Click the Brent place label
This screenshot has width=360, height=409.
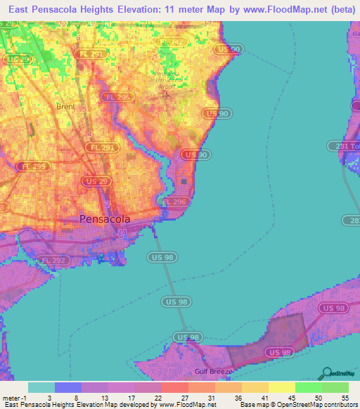click(65, 107)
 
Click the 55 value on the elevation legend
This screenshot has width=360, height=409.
click(344, 397)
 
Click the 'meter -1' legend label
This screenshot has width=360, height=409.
click(13, 397)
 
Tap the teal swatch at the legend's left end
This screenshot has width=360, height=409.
click(41, 387)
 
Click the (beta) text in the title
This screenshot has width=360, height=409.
click(337, 8)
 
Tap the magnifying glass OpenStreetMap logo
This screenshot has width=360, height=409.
click(326, 374)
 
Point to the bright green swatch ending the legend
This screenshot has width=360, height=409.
click(335, 387)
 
